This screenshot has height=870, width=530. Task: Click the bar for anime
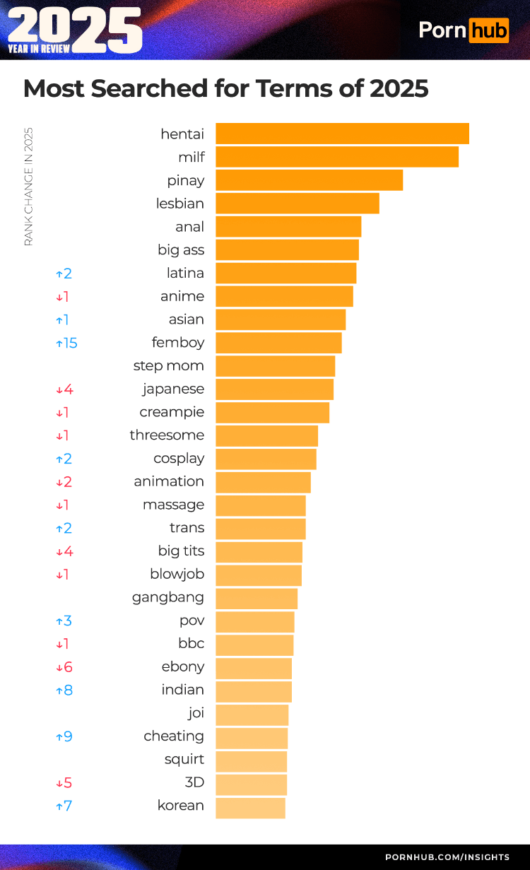tap(284, 296)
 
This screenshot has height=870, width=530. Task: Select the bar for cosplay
tap(266, 459)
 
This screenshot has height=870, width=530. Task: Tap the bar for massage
tap(260, 505)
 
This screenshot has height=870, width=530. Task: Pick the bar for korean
tap(250, 806)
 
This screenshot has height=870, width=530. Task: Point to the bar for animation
tap(263, 482)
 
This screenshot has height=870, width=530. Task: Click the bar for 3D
tap(251, 783)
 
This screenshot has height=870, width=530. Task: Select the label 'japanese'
tap(173, 389)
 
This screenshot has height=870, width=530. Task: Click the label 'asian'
tap(187, 319)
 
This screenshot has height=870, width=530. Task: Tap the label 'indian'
tap(183, 690)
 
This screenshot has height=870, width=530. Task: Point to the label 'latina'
tap(185, 273)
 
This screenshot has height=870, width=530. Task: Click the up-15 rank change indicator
tap(66, 343)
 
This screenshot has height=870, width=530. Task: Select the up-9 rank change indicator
tap(64, 736)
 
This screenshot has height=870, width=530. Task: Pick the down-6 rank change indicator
tap(64, 667)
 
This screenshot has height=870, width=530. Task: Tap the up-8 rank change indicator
tap(64, 690)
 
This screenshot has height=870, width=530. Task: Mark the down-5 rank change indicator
tap(64, 783)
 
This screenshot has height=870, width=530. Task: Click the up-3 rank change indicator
tap(64, 621)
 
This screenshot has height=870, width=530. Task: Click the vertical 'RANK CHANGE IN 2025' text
tap(28, 187)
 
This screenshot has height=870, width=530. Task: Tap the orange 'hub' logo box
tap(488, 30)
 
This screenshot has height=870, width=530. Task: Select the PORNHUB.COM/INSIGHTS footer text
tap(447, 857)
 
